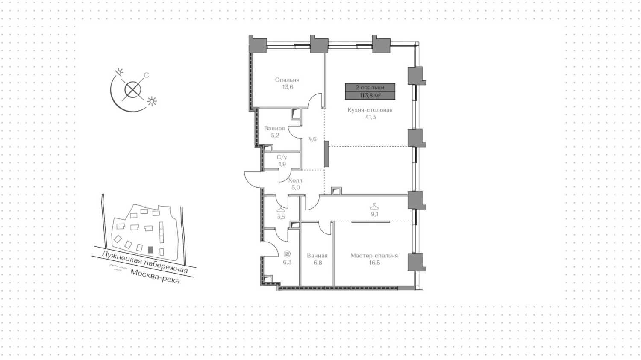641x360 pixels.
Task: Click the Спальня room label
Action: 287,80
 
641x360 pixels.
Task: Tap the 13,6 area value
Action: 287,87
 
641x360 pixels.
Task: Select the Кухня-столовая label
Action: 370,110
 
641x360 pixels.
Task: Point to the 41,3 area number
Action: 370,117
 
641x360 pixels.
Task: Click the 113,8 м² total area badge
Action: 370,95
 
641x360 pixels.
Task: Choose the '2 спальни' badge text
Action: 370,87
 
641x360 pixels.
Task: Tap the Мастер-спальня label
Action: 374,256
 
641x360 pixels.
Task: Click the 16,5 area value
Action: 374,263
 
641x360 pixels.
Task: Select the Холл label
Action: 295,180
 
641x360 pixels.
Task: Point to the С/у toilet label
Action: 282,157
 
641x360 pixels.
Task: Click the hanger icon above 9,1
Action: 374,206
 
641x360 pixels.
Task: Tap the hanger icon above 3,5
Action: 281,209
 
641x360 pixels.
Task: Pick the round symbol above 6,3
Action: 287,254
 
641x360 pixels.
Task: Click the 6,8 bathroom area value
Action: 318,263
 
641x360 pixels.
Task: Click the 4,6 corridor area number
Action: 312,139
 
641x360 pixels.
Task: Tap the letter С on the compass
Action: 146,75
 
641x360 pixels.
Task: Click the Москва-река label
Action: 155,277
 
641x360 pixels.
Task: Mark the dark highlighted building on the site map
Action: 150,250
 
